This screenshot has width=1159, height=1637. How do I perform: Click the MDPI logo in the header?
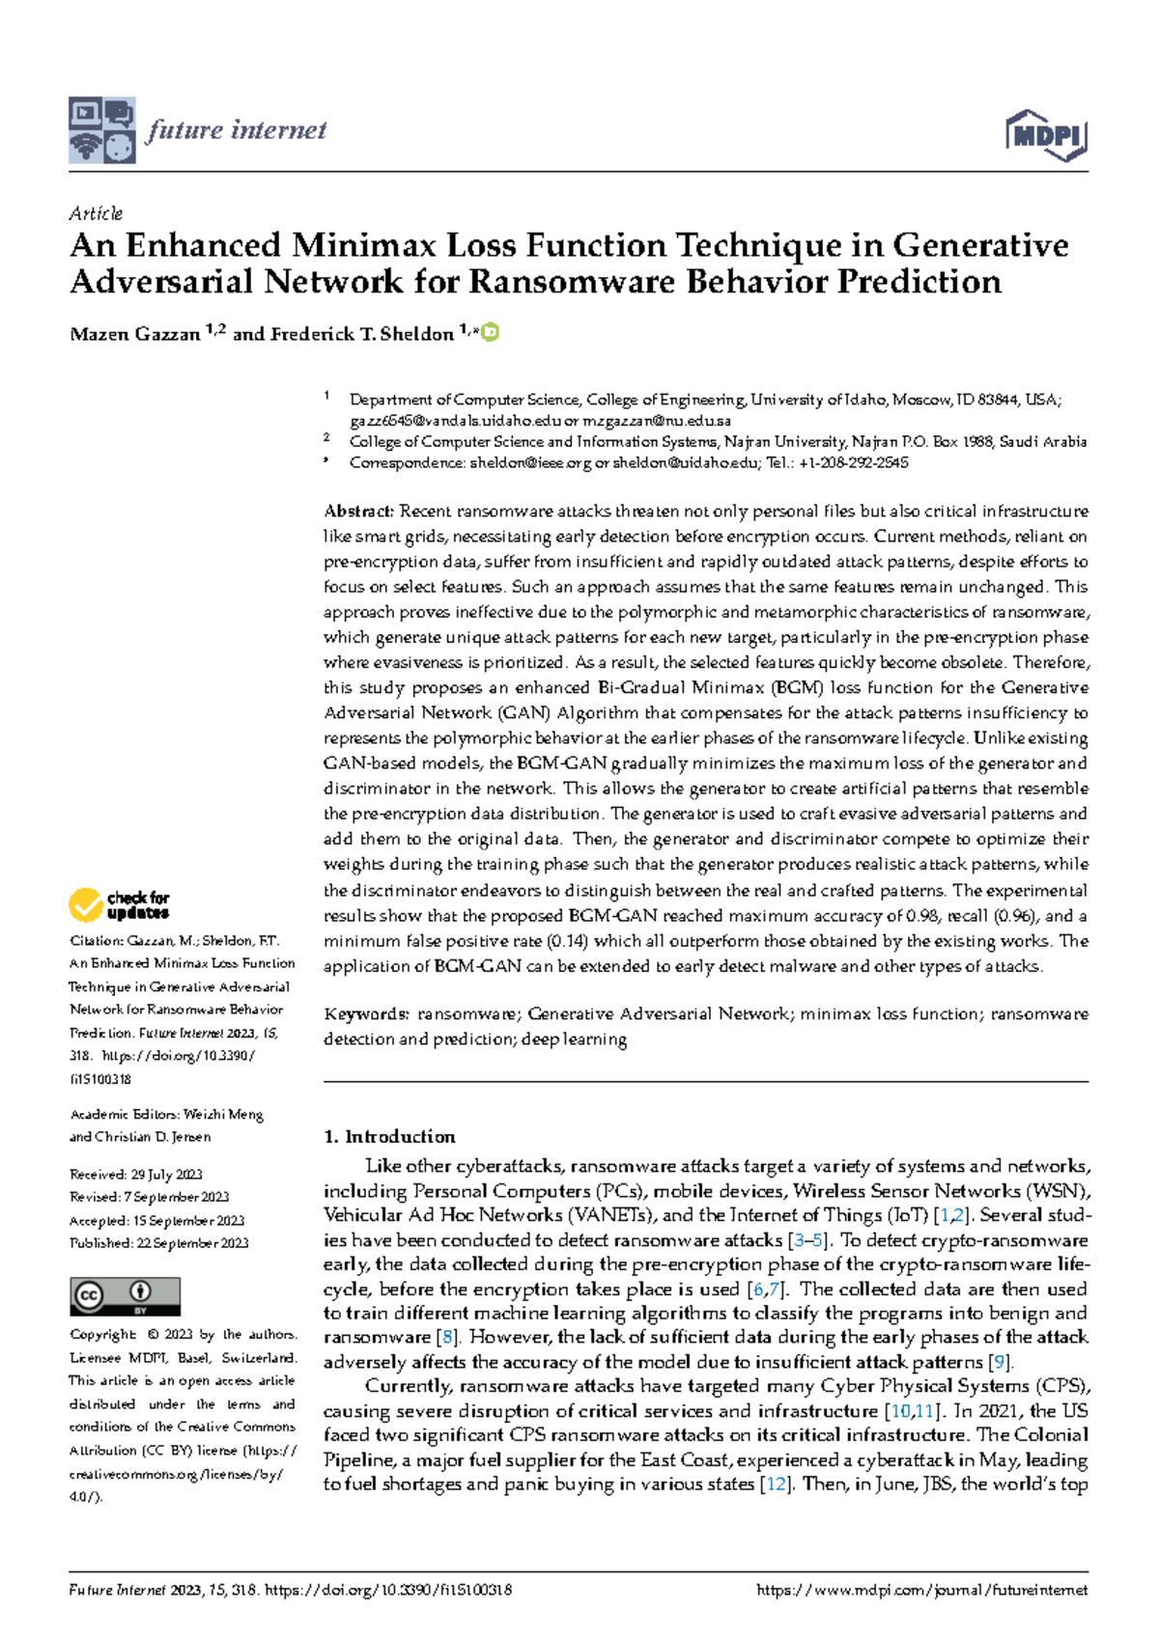(1047, 135)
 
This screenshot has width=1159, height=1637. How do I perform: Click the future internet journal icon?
(101, 130)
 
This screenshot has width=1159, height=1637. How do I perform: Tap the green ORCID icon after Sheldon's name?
(491, 332)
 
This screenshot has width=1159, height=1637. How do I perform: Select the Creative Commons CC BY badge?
(125, 1296)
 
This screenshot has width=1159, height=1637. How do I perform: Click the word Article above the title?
(96, 213)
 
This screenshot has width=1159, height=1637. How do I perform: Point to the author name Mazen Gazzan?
(135, 334)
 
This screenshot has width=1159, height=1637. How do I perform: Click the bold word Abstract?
(358, 512)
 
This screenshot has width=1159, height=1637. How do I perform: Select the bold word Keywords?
(366, 1014)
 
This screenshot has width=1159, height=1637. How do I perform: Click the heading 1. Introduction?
(389, 1137)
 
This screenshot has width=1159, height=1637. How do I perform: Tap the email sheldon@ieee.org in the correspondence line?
(530, 463)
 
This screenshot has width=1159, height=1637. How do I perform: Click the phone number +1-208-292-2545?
(854, 463)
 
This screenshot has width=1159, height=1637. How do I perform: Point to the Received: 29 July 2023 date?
(136, 1175)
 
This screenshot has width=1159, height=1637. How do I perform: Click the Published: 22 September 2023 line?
(158, 1243)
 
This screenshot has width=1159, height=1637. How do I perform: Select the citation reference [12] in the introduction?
(776, 1484)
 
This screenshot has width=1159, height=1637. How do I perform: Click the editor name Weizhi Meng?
(223, 1114)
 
